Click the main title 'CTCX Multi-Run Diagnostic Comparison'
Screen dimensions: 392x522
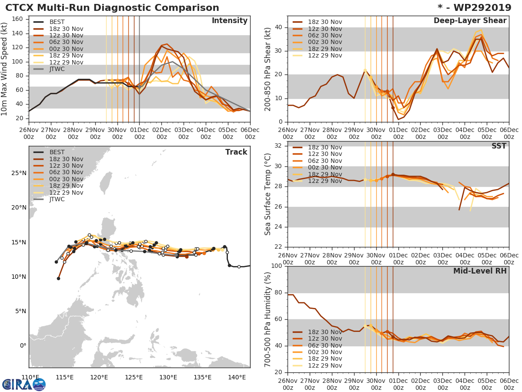tap(112, 8)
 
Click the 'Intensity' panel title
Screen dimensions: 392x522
tap(229, 21)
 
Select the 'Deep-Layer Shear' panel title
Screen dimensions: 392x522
tap(470, 21)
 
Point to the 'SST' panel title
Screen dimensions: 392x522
tap(499, 146)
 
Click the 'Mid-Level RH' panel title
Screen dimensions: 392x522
tap(480, 271)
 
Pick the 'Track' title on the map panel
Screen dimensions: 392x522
tap(236, 152)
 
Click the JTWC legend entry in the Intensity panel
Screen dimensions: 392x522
tap(58, 69)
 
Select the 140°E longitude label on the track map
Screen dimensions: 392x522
tap(237, 377)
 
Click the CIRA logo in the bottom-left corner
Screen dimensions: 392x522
tap(23, 384)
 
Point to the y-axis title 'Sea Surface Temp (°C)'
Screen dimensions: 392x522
tap(268, 194)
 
